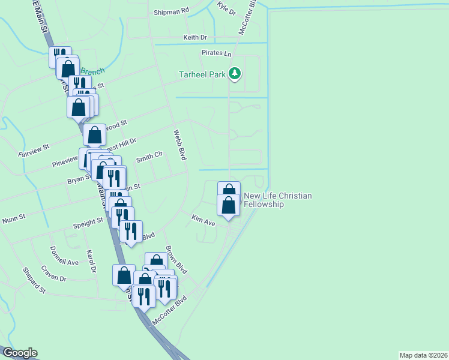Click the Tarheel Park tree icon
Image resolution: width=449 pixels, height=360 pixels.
235,74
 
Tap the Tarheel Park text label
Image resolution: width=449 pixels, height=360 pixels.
202,75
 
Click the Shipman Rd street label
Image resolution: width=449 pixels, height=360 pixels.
171,11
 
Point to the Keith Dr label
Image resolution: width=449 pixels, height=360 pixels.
195,37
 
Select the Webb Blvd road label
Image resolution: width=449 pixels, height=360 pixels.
180,145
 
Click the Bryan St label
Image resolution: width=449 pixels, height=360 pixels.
79,179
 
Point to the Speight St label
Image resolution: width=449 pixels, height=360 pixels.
88,222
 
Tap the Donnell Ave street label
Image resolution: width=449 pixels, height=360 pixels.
64,256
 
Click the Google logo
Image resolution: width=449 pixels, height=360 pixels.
19,353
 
